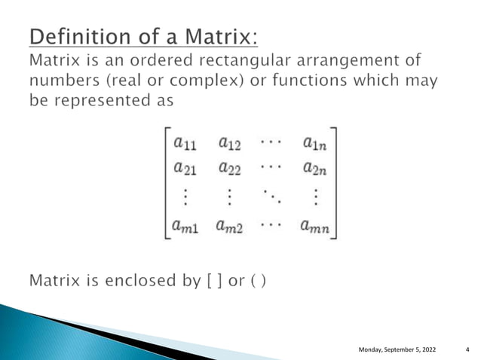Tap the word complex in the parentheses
click(201, 81)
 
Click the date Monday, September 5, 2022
click(397, 349)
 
